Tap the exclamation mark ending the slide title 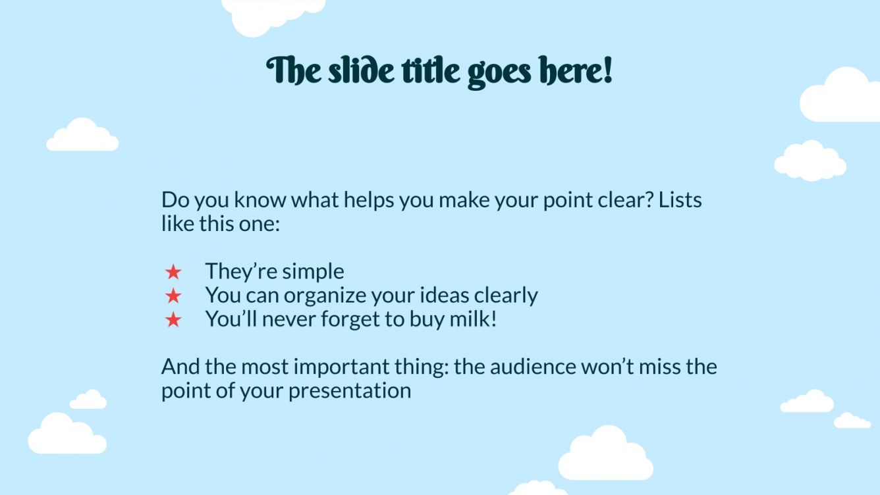click(x=608, y=70)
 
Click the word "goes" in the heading click(x=499, y=74)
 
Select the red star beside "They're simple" click(x=173, y=272)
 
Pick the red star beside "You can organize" click(x=173, y=296)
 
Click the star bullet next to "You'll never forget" click(x=173, y=319)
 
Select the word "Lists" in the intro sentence click(x=680, y=200)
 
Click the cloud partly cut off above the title click(x=273, y=16)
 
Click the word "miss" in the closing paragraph click(x=659, y=367)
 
